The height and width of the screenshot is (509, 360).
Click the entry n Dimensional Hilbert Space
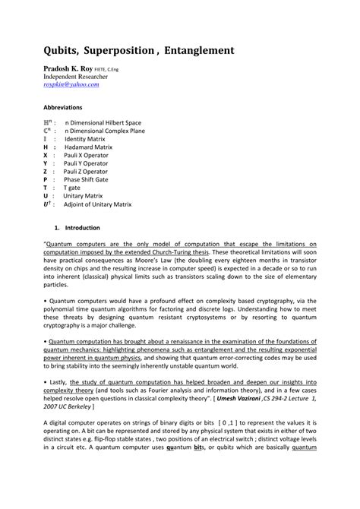coord(103,122)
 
